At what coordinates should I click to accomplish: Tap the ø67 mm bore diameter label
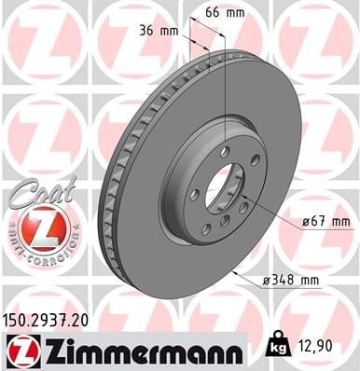[x=325, y=221]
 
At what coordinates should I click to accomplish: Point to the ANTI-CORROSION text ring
[x=43, y=250]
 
